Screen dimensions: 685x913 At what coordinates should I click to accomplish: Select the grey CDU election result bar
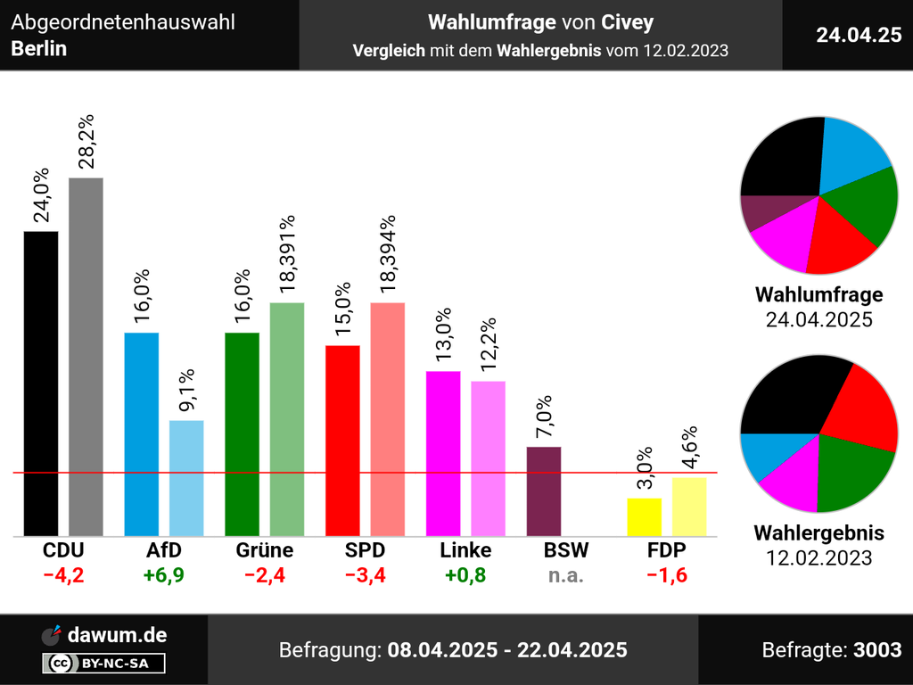pyautogui.click(x=86, y=357)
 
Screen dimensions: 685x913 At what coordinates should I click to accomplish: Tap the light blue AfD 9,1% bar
pyautogui.click(x=186, y=478)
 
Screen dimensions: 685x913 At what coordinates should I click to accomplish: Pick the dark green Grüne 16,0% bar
pyautogui.click(x=242, y=434)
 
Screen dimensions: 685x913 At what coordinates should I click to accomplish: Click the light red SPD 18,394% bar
pyautogui.click(x=388, y=419)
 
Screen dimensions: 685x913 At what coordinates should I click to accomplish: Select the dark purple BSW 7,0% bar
pyautogui.click(x=544, y=491)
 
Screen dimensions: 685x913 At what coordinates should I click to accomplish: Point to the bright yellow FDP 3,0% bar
pyautogui.click(x=645, y=517)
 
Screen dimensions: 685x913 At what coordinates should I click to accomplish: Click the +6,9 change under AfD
pyautogui.click(x=163, y=575)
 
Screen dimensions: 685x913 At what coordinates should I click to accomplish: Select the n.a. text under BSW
pyautogui.click(x=566, y=575)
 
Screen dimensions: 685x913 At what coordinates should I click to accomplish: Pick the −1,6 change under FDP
pyautogui.click(x=666, y=575)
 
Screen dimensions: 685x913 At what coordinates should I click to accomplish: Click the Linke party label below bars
pyautogui.click(x=465, y=550)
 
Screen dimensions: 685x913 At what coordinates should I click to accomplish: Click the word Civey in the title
pyautogui.click(x=627, y=22)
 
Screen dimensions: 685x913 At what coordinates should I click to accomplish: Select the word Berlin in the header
pyautogui.click(x=39, y=48)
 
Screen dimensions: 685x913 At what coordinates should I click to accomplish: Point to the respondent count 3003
pyautogui.click(x=877, y=650)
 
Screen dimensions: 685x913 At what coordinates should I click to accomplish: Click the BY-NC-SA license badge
pyautogui.click(x=103, y=664)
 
